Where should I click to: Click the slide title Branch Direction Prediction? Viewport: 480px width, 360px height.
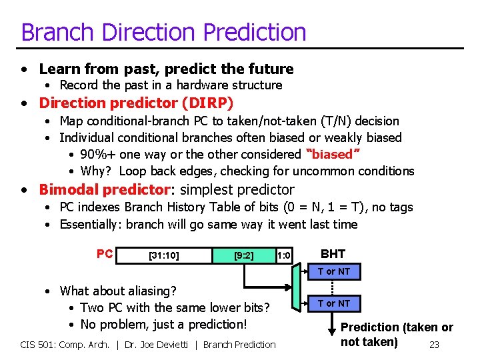pos(163,32)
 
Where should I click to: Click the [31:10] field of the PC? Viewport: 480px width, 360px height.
pos(163,255)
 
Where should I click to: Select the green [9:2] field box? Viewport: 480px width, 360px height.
pos(243,255)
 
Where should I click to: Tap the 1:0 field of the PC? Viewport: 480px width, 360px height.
pos(284,255)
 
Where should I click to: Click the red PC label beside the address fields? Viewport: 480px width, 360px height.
pos(105,254)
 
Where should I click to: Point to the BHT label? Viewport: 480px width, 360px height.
pos(333,253)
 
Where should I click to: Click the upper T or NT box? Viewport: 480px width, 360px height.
pos(333,271)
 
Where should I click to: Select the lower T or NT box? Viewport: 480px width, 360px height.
pos(333,303)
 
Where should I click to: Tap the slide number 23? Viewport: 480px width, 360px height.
pos(434,345)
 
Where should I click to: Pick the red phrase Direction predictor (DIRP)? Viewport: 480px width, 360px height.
pos(136,103)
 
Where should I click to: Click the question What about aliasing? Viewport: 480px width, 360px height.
pos(118,291)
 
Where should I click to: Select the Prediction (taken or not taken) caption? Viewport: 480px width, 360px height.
pos(396,335)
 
